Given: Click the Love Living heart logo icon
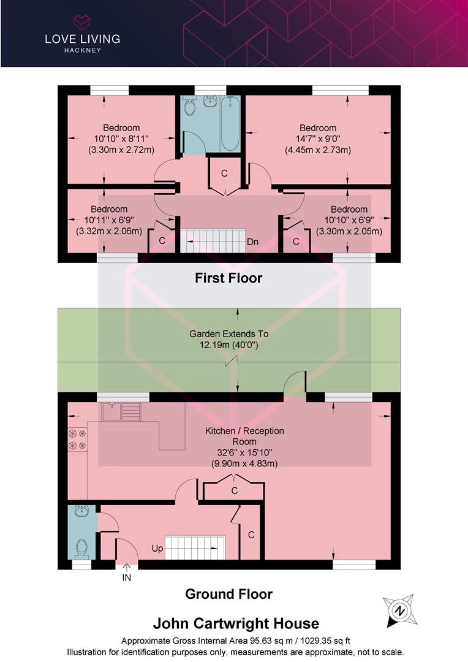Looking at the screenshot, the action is pyautogui.click(x=82, y=22).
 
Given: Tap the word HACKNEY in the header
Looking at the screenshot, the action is pyautogui.click(x=83, y=50).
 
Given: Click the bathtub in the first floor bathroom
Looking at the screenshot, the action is pyautogui.click(x=230, y=123).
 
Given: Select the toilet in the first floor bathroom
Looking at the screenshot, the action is pyautogui.click(x=190, y=105).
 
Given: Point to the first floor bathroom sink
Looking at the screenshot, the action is pyautogui.click(x=209, y=101).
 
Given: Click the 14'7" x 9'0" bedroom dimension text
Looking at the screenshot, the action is pyautogui.click(x=318, y=139).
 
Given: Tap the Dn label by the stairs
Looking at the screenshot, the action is pyautogui.click(x=253, y=242).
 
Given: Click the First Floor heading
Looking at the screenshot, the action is pyautogui.click(x=228, y=278).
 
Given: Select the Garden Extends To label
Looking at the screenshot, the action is pyautogui.click(x=228, y=333).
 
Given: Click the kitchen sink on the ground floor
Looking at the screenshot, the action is pyautogui.click(x=121, y=412).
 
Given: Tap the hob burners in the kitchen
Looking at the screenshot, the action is pyautogui.click(x=77, y=439).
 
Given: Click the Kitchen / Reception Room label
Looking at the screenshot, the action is pyautogui.click(x=244, y=436).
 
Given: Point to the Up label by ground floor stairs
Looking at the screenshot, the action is pyautogui.click(x=157, y=549).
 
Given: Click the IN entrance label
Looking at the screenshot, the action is pyautogui.click(x=127, y=577).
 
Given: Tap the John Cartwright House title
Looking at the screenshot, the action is pyautogui.click(x=236, y=623).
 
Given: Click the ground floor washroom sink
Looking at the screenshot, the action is pyautogui.click(x=81, y=511).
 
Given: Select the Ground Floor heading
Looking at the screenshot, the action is pyautogui.click(x=228, y=594).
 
